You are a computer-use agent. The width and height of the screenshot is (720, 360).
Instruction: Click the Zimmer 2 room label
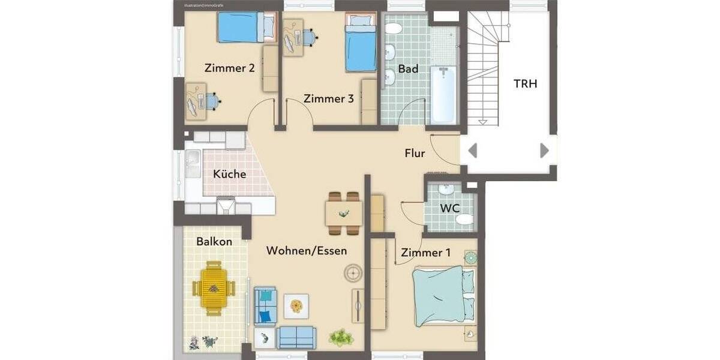pyautogui.click(x=229, y=68)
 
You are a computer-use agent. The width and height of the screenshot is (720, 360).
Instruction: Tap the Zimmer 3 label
pyautogui.click(x=328, y=98)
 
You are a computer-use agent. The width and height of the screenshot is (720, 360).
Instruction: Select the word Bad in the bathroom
pyautogui.click(x=408, y=69)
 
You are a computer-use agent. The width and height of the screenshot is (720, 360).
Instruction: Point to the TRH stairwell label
pyautogui.click(x=525, y=83)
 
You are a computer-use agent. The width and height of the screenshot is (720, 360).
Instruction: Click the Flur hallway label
pyautogui.click(x=414, y=154)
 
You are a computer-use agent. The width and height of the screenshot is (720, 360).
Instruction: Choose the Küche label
pyautogui.click(x=229, y=175)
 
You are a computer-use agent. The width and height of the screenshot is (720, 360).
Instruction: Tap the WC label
pyautogui.click(x=449, y=208)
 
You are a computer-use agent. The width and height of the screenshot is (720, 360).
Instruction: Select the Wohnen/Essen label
pyautogui.click(x=307, y=251)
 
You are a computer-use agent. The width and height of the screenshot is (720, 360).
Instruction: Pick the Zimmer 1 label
pyautogui.click(x=425, y=253)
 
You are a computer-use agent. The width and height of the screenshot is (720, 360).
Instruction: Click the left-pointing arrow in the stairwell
pyautogui.click(x=473, y=150)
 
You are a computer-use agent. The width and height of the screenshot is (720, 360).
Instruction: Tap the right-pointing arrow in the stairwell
pyautogui.click(x=544, y=150)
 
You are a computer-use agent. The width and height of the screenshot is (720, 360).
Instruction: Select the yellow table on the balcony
pyautogui.click(x=213, y=288)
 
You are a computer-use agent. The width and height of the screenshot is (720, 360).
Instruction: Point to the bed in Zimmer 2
pyautogui.click(x=240, y=27)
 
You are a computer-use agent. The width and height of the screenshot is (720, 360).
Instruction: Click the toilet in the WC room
pyautogui.click(x=464, y=220)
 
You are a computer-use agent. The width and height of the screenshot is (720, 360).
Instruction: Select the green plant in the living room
pyautogui.click(x=341, y=337)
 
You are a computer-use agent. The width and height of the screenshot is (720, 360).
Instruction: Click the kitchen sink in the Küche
pyautogui.click(x=193, y=160)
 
